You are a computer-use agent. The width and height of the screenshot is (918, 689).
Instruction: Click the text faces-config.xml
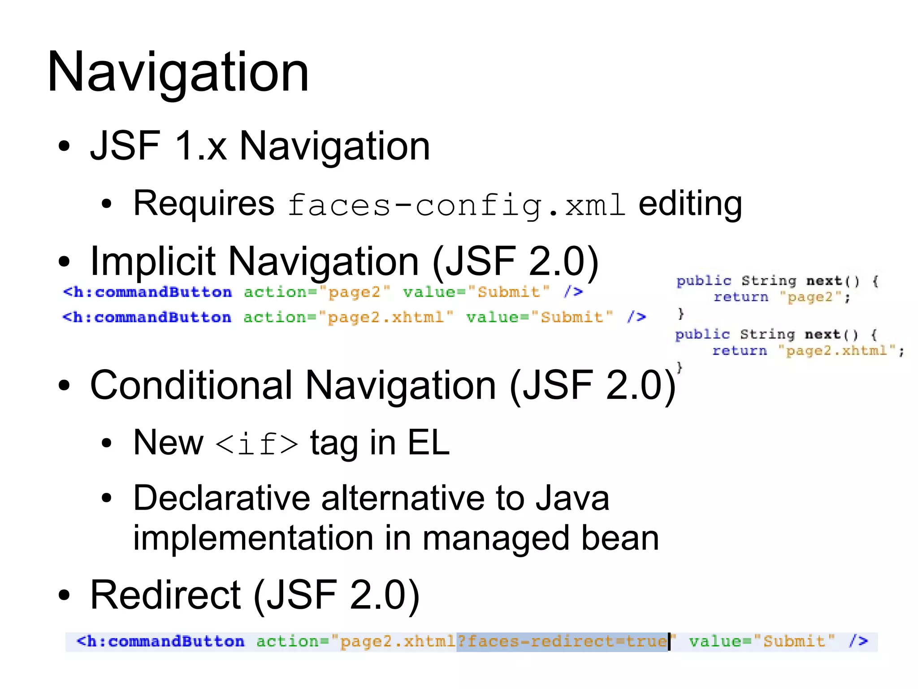click(x=456, y=205)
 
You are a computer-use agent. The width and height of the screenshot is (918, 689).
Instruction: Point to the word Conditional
click(x=191, y=385)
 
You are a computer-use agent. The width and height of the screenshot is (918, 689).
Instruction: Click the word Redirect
click(x=165, y=595)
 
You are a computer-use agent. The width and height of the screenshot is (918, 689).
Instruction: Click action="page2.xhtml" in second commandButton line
click(x=348, y=318)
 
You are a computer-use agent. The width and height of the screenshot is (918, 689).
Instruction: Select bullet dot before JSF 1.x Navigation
click(x=65, y=146)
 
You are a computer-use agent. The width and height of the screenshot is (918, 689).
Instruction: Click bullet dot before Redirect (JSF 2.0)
click(x=65, y=595)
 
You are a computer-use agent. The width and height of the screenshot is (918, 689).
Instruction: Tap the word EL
click(x=428, y=443)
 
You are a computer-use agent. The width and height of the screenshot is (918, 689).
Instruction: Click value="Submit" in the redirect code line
click(x=762, y=641)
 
